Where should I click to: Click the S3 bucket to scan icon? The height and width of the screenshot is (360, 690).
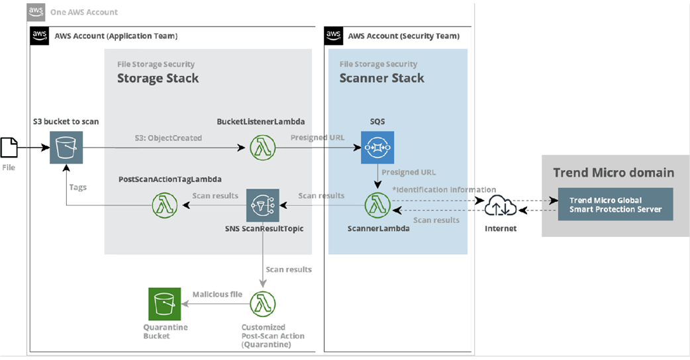point(66,148)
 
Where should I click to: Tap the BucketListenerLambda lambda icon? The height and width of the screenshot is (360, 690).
point(263,148)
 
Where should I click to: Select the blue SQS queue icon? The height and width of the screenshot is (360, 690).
point(377,148)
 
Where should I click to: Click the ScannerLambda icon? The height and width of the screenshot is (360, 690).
point(377,205)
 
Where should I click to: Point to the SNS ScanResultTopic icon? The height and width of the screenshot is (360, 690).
point(263,205)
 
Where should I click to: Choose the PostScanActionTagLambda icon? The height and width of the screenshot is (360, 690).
point(165,205)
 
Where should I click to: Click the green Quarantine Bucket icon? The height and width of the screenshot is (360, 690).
point(165,304)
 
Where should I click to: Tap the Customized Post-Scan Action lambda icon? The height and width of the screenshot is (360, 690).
point(263,304)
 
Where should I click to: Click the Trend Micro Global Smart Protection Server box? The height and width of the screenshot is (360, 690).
point(616,204)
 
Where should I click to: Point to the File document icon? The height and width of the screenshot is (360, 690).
point(9,148)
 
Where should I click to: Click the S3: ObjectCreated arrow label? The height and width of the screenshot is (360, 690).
point(168,138)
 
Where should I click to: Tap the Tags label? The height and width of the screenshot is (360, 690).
point(78,187)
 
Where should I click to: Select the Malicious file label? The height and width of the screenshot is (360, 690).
point(217,294)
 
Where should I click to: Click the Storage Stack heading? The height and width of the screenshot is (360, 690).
point(158,78)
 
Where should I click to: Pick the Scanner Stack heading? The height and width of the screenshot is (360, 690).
point(382,78)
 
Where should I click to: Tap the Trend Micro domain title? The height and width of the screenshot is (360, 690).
point(613,172)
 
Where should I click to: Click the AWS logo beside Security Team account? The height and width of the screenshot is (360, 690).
point(334,36)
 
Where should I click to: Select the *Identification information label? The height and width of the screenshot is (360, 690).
point(444,189)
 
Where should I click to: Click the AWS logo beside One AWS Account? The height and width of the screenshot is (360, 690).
point(36,13)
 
